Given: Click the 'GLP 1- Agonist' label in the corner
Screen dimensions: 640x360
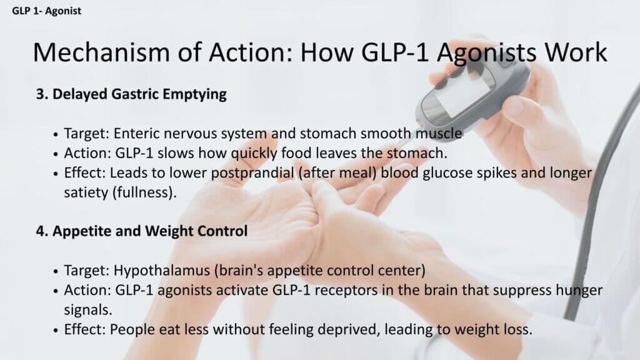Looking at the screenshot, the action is click(46, 11).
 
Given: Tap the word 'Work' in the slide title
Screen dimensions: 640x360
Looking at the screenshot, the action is click(576, 52).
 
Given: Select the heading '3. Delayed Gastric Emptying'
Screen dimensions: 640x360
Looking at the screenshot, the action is click(131, 94).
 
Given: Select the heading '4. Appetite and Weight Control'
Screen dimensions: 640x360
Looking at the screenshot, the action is click(142, 231).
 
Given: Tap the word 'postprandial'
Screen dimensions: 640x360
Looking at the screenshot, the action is click(252, 173).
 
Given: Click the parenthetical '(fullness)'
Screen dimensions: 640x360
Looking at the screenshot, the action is click(144, 192).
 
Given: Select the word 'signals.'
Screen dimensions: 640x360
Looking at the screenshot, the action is click(87, 310).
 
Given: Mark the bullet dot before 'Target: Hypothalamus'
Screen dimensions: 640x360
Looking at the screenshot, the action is click(56, 271).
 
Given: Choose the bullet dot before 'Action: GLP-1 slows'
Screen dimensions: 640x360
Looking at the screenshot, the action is click(56, 154).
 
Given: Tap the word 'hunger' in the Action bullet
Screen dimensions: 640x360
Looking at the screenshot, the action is click(579, 290).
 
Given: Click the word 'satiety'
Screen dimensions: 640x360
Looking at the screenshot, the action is click(86, 192).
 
